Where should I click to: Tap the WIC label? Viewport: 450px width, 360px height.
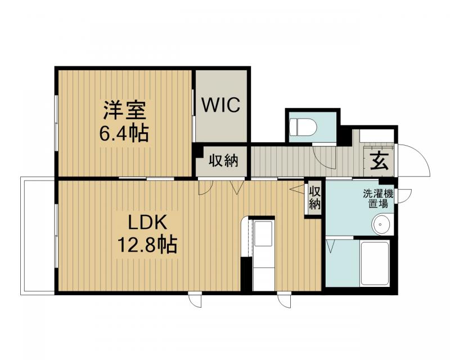(x=222, y=105)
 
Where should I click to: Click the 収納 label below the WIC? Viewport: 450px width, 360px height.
(x=223, y=161)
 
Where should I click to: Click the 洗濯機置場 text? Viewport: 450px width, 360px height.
(x=378, y=199)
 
